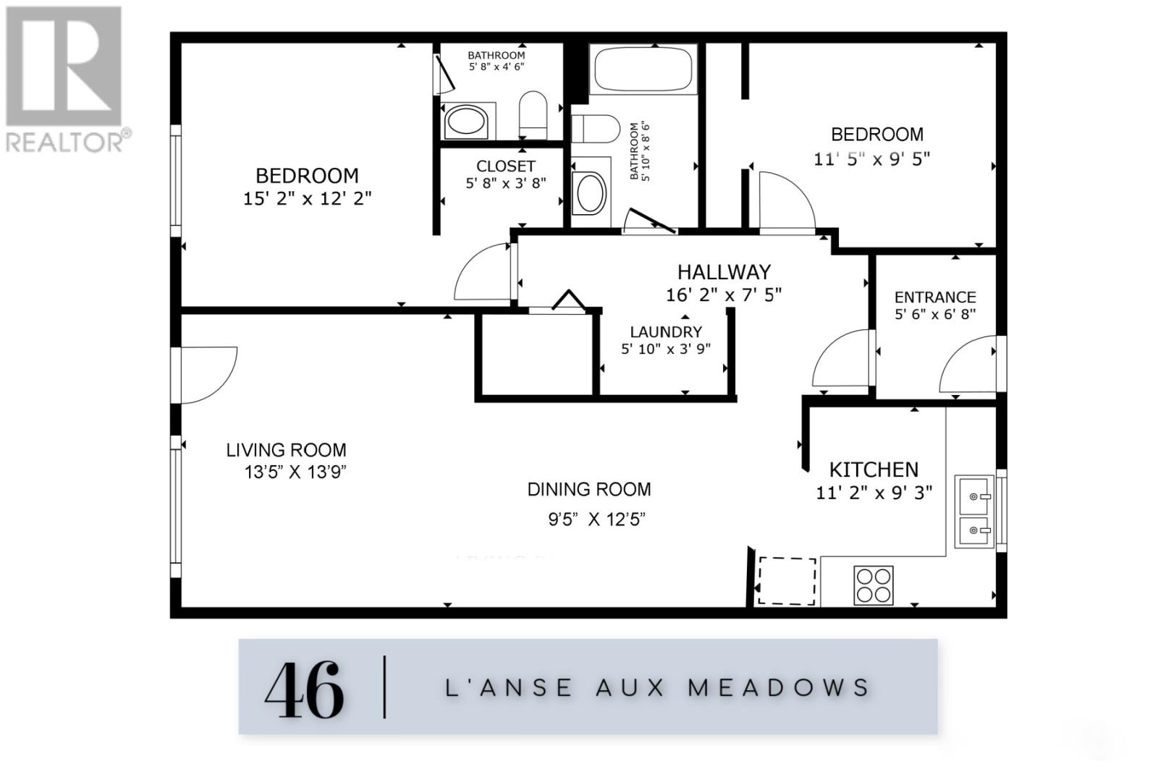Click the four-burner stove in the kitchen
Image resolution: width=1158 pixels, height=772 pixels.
click(874, 585)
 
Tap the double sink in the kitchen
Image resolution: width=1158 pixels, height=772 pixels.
click(973, 511)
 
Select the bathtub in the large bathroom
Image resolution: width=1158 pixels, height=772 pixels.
click(643, 70)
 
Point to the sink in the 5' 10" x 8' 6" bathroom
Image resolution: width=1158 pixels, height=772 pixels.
click(589, 193)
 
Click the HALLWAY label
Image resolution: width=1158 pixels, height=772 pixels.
click(724, 272)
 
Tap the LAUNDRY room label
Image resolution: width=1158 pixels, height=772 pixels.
click(666, 332)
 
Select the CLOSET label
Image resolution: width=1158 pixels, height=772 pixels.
click(505, 166)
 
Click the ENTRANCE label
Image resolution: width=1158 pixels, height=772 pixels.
click(935, 297)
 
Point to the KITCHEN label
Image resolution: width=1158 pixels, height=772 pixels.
click(874, 470)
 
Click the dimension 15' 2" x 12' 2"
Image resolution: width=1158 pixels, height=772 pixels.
click(307, 198)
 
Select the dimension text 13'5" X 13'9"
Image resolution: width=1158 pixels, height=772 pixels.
click(295, 472)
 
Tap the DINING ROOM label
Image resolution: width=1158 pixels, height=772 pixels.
click(589, 490)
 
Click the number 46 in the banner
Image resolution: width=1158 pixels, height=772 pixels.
click(305, 689)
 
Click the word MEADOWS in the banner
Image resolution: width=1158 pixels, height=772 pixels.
click(778, 687)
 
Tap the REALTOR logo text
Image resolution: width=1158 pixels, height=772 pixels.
click(69, 142)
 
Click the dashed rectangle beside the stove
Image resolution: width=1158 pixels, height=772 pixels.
click(786, 581)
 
